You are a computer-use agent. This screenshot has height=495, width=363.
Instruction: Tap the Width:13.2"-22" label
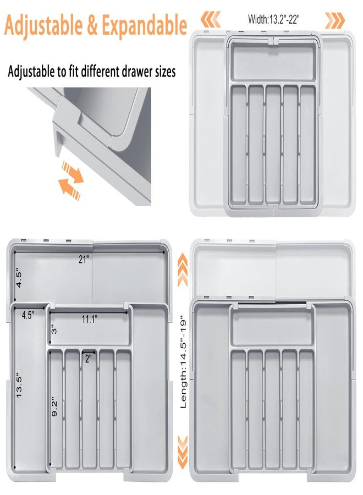(273, 20)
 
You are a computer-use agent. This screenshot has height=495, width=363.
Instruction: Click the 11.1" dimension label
(90, 318)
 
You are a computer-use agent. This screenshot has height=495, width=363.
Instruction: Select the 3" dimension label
(54, 330)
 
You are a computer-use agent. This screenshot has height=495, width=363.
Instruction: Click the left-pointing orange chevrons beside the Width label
(210, 20)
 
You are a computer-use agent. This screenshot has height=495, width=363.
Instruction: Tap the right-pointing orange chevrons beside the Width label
(334, 20)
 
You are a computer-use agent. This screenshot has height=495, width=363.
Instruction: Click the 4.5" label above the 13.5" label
(28, 315)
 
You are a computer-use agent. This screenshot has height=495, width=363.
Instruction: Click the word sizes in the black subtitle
(163, 71)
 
